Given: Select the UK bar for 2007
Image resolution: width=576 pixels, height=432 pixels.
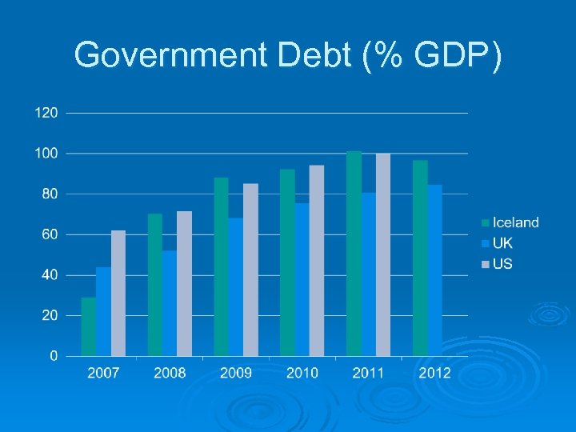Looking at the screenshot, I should click(x=103, y=311).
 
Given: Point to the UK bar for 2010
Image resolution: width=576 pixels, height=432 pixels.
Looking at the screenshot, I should click(x=302, y=279).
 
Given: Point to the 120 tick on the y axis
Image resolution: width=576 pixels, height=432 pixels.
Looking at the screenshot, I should click(x=46, y=113).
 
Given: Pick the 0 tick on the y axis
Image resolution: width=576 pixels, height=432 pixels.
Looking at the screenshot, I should click(x=54, y=355).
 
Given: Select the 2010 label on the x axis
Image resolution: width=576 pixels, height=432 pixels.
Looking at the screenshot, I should click(x=302, y=373).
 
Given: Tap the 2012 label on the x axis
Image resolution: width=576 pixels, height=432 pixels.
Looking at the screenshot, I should click(x=434, y=373).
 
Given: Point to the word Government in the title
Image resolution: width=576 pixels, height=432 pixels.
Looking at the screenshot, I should click(x=171, y=55).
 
